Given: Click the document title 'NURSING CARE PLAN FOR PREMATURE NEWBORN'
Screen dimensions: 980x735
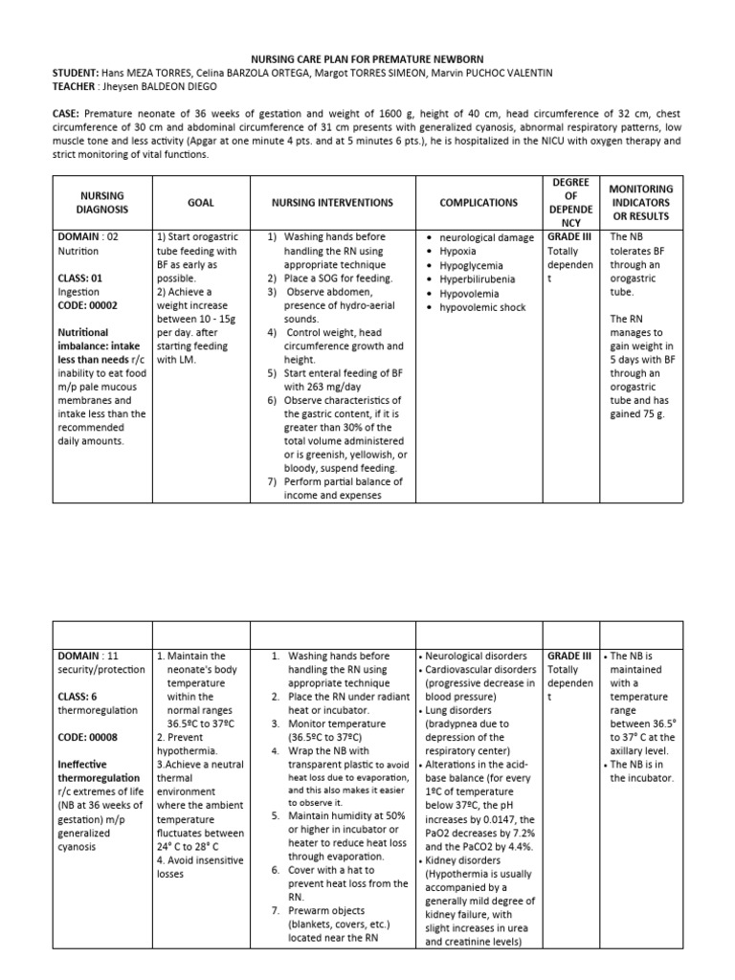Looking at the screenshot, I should click(367, 58).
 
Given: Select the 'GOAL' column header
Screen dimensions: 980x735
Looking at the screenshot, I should click(201, 203).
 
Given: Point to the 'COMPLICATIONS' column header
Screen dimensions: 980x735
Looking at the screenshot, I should click(478, 203).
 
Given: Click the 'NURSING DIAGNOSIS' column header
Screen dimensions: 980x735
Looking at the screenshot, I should click(100, 203).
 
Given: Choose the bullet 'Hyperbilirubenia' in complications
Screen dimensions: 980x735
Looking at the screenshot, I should click(477, 279).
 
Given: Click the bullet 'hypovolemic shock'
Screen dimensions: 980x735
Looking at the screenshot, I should click(481, 308).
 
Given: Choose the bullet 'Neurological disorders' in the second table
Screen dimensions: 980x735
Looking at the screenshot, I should click(477, 656).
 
